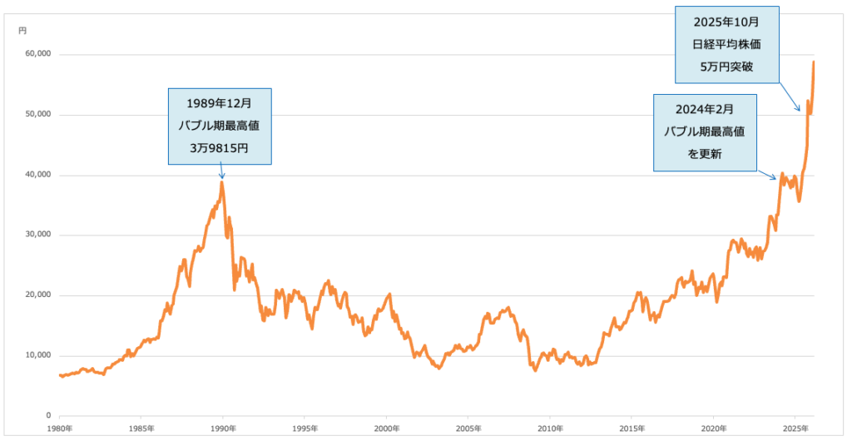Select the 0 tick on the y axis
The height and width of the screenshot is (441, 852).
click(48, 416)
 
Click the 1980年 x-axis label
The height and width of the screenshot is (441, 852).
click(59, 428)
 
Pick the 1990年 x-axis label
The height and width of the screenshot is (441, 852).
click(222, 428)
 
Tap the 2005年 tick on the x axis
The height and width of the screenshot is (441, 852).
click(468, 428)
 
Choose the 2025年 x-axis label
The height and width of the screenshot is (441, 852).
click(795, 428)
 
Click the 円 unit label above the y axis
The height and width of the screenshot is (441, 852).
click(22, 31)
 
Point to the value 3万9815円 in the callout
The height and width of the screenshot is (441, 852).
click(220, 148)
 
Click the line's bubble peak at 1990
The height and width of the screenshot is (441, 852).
click(221, 181)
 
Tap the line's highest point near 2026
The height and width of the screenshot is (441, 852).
click(814, 62)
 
